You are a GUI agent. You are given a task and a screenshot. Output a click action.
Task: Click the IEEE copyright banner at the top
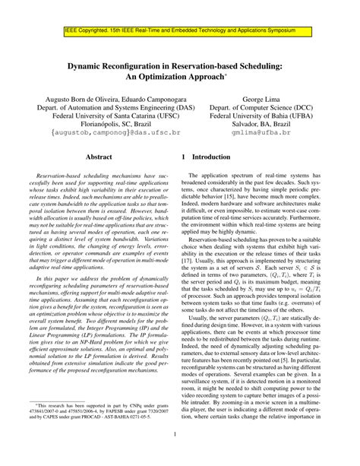click(179, 33)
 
